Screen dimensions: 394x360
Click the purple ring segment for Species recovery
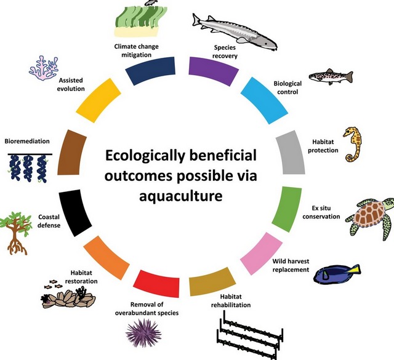coord(213,70)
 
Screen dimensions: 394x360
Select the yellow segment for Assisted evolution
coord(98,100)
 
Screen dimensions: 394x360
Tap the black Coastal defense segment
coord(74,212)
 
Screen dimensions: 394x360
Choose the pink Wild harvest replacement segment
coord(261,254)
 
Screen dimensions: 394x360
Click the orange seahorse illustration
coord(353,144)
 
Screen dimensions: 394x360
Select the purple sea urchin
coord(143,334)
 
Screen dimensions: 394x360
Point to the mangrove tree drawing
coord(15,233)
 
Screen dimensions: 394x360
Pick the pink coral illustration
coord(44,68)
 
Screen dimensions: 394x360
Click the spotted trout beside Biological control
coord(331,76)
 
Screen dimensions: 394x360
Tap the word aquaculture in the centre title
coord(181,196)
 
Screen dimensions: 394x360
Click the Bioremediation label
coord(27,141)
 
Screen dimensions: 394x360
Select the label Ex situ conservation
coord(321,212)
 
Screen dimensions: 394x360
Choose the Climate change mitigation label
coord(137,50)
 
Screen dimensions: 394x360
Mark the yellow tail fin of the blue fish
coord(355,269)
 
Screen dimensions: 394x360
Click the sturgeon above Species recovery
coord(235,31)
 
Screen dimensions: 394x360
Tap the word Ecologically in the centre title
coord(144,156)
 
